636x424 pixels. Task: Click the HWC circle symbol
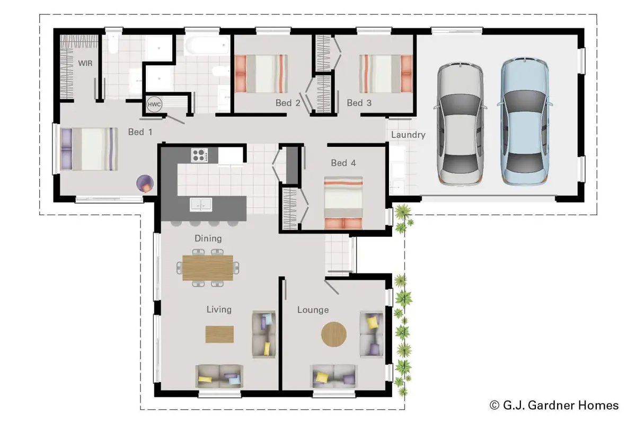pos(154,104)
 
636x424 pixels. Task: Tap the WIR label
pos(85,63)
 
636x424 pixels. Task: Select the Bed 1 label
pos(140,132)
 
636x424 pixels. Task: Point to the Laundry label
pos(408,135)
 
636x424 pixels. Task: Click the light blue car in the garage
pos(525,121)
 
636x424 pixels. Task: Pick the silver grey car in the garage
pos(460,124)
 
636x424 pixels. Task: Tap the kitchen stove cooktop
pos(199,155)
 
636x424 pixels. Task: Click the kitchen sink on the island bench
pos(201,205)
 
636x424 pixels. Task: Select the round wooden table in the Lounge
pos(333,334)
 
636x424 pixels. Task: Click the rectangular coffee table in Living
pos(219,334)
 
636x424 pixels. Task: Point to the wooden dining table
pos(208,268)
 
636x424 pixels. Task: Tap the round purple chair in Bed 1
pos(145,183)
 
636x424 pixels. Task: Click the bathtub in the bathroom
pos(207,45)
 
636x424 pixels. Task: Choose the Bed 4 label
pos(343,163)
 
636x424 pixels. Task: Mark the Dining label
pos(208,238)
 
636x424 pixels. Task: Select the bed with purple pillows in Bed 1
pos(89,149)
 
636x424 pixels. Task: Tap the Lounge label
pos(313,310)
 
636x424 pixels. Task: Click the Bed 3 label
pos(359,103)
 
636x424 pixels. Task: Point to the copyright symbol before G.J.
pos(494,405)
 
